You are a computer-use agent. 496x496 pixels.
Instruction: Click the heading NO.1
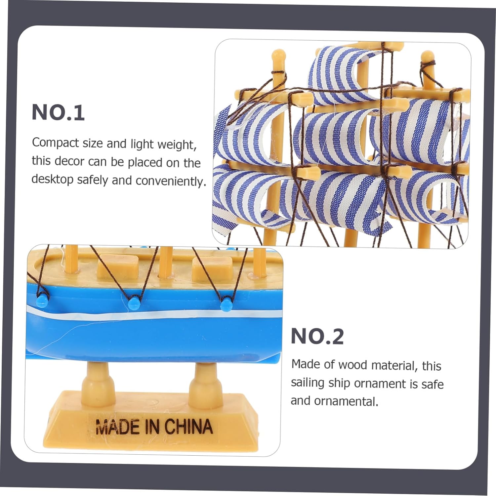tap(58, 112)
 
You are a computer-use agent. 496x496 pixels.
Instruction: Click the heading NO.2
tap(317, 337)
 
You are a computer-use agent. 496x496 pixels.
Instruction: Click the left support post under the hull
tap(98, 379)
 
